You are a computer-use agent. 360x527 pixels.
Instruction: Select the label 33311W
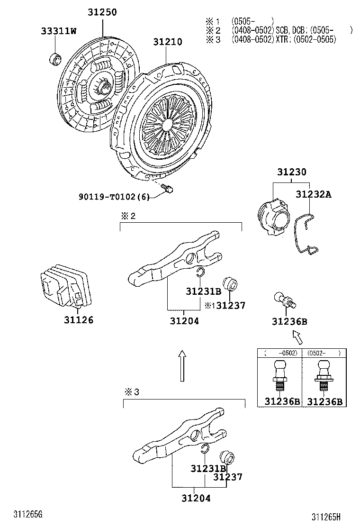(58, 31)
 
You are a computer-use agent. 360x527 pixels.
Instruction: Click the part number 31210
(167, 42)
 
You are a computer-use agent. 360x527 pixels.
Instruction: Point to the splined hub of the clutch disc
(106, 86)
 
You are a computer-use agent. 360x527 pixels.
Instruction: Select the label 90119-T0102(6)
(114, 197)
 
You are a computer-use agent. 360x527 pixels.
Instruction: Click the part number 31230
(291, 172)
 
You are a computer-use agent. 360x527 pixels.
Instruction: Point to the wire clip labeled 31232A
(304, 235)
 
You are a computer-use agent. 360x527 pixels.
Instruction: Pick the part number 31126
(79, 320)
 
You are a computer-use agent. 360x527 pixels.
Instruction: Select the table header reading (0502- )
(324, 353)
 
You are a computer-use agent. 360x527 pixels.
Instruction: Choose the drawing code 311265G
(28, 515)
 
